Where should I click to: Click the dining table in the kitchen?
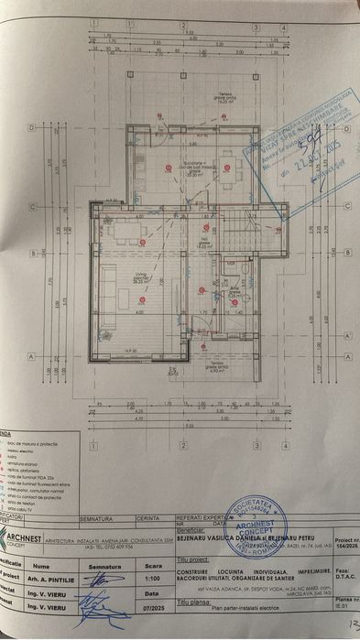pyautogui.click(x=227, y=168)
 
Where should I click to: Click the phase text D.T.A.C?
pyautogui.click(x=321, y=574)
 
